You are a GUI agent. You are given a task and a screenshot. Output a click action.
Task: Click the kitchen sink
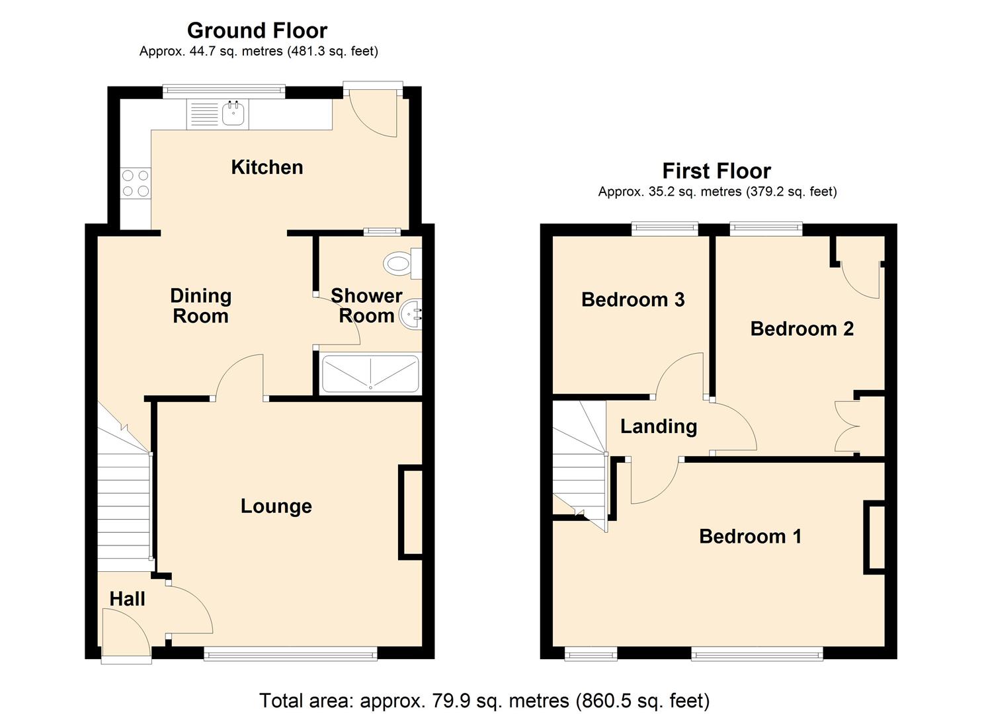click(x=233, y=114)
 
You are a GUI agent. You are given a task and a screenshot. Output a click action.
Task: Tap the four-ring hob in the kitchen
click(x=136, y=183)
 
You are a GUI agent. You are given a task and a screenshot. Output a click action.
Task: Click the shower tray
click(x=370, y=374)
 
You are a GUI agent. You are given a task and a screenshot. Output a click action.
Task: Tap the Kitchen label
click(x=267, y=167)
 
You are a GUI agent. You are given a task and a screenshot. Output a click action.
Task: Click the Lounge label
click(x=276, y=506)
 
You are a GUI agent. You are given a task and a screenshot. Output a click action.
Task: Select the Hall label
click(x=127, y=599)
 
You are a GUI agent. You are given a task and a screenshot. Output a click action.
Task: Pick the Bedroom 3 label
click(x=633, y=299)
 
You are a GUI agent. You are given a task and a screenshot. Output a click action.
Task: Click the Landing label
click(x=659, y=426)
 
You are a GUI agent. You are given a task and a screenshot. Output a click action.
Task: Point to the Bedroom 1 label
click(x=750, y=535)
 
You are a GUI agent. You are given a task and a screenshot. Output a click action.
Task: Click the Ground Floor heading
click(x=257, y=30)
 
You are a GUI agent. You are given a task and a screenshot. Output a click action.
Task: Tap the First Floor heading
click(x=716, y=171)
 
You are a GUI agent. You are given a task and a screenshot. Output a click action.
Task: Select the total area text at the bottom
click(x=484, y=700)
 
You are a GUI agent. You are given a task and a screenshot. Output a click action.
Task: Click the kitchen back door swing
click(x=374, y=112)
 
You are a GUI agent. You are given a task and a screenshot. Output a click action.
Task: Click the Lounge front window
click(x=290, y=655)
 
